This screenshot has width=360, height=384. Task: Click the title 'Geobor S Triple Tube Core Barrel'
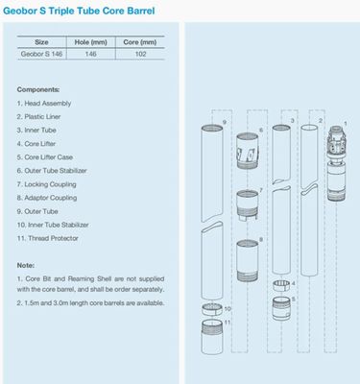(89, 12)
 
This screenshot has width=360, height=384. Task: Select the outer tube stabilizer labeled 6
(246, 152)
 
